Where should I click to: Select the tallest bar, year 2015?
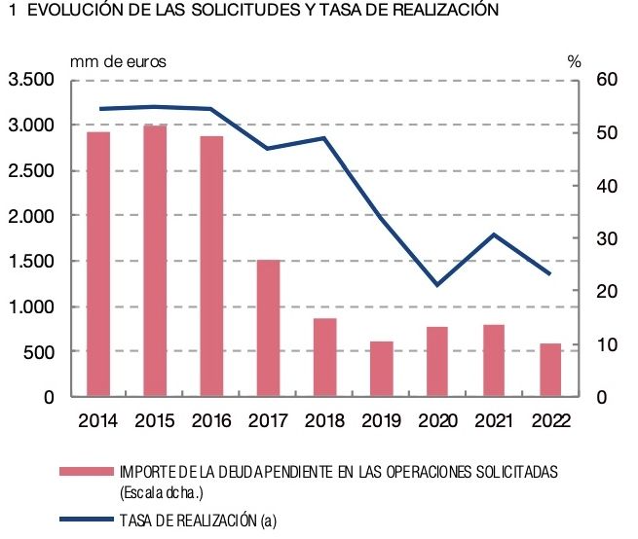(x=155, y=261)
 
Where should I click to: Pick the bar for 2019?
(x=383, y=370)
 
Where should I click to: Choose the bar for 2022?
(x=551, y=371)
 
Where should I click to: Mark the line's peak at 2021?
(x=495, y=234)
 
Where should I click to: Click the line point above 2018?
(x=325, y=138)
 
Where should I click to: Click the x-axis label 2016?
(x=211, y=420)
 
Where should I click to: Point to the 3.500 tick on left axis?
(x=31, y=80)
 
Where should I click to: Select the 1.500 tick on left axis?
(x=31, y=261)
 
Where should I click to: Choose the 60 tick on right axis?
(x=605, y=80)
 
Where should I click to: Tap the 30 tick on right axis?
(x=605, y=238)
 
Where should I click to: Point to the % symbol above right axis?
(x=575, y=60)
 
